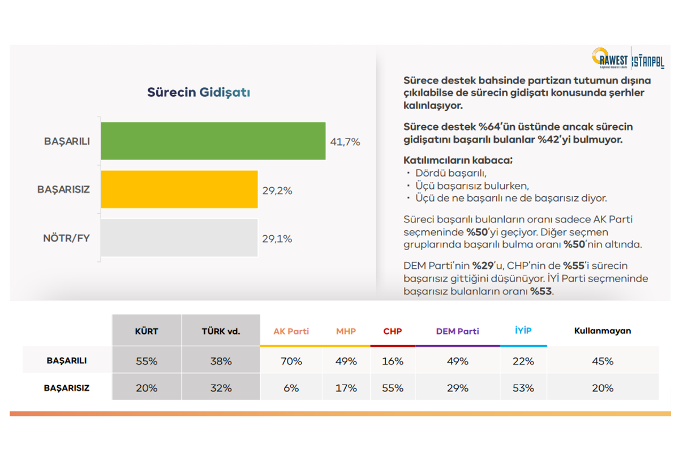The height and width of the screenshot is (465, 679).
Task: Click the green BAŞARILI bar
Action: (213, 141)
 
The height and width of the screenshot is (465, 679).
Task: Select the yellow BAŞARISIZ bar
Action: (179, 190)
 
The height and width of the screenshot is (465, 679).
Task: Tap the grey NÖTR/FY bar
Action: (179, 238)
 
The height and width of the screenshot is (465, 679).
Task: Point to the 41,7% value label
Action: (345, 142)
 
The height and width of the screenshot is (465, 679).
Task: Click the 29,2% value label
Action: (277, 191)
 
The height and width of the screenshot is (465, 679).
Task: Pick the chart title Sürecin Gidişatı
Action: (199, 92)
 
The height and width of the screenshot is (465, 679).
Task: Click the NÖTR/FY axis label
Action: (66, 238)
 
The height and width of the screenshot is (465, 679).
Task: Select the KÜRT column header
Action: (147, 331)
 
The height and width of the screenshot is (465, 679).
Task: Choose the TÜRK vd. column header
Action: (221, 331)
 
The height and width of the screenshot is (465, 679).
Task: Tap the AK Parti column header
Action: (291, 331)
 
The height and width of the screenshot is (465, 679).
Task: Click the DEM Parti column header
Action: (457, 331)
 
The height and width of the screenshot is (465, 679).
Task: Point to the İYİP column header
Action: (523, 330)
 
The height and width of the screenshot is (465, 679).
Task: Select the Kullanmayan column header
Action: (602, 331)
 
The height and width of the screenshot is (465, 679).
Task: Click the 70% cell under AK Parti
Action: (291, 361)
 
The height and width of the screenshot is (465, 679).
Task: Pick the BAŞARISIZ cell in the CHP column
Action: (392, 388)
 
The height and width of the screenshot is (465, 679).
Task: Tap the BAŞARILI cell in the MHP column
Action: (346, 361)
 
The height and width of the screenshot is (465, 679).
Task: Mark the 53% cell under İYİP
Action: (523, 388)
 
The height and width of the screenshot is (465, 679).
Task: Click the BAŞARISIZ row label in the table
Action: (67, 388)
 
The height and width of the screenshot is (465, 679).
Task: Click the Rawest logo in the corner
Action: (611, 58)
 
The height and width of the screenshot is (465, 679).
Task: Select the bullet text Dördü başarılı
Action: (450, 173)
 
